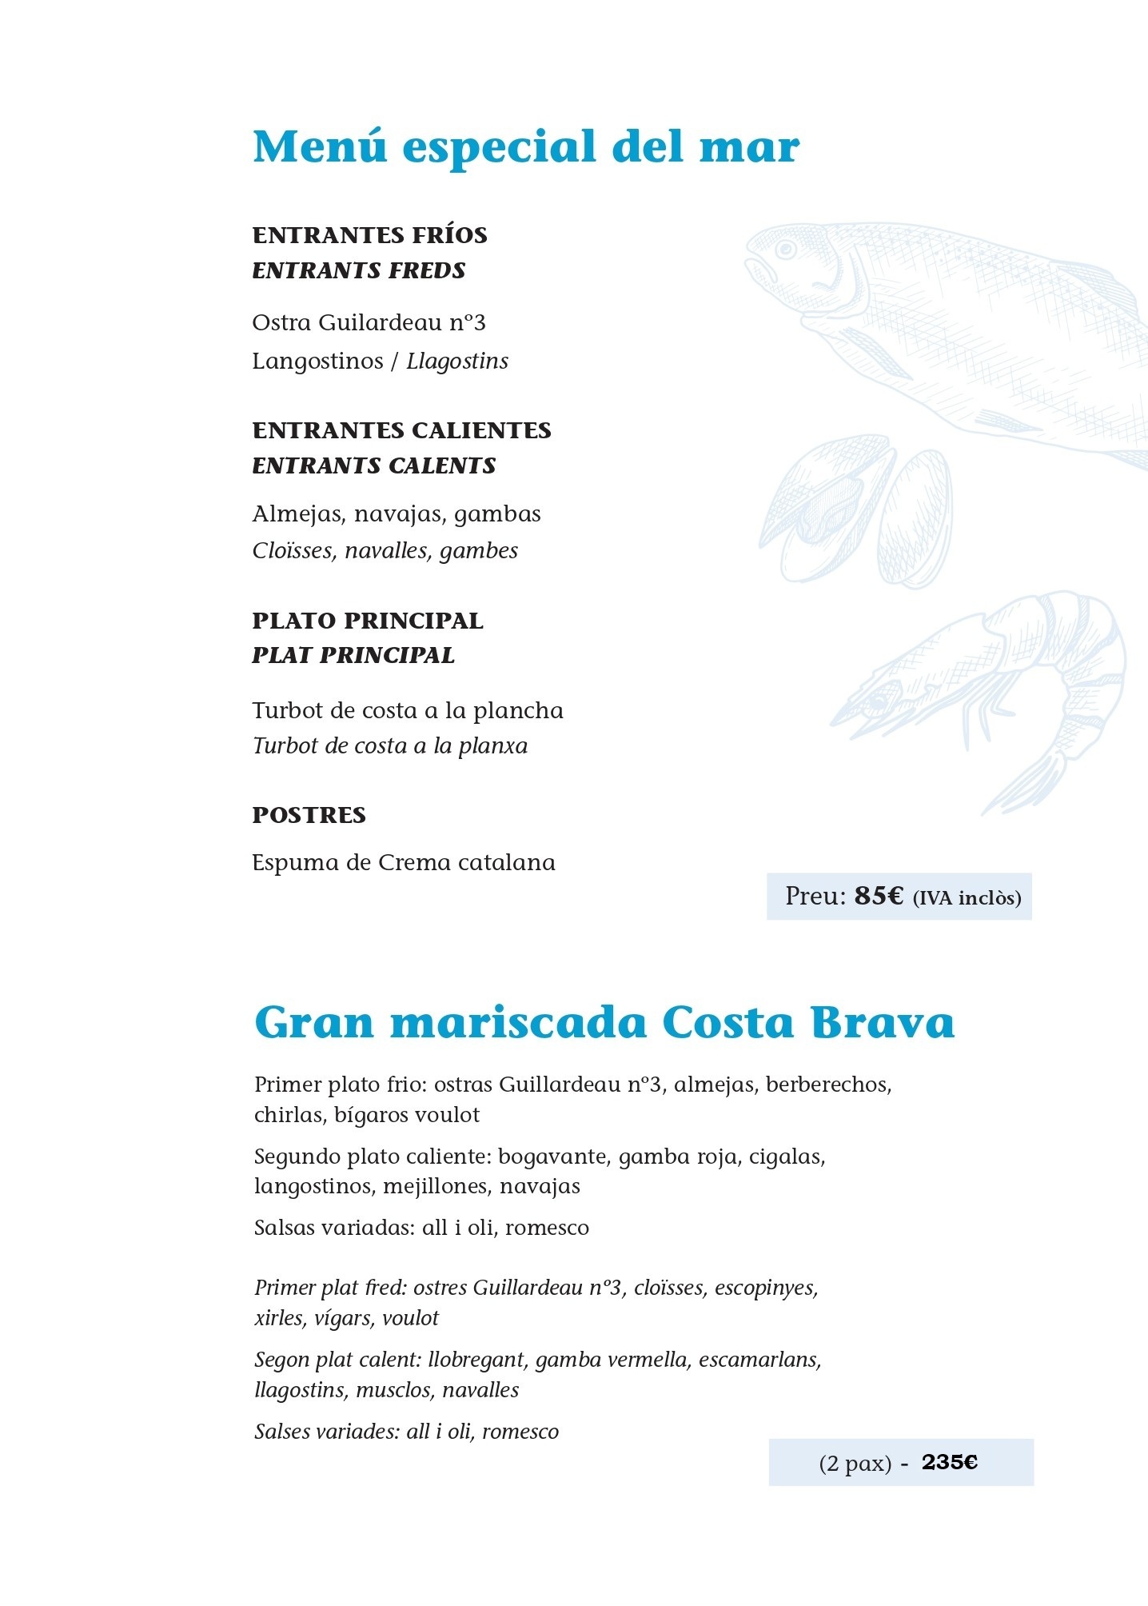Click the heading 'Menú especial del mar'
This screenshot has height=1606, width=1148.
[x=526, y=147]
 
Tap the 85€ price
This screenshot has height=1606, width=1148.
[x=879, y=896]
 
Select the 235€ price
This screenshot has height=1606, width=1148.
[x=950, y=1462]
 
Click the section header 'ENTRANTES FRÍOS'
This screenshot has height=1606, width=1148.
[x=369, y=235]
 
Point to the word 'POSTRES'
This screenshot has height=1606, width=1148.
[x=309, y=815]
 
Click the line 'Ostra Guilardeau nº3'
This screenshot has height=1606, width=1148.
[x=369, y=323]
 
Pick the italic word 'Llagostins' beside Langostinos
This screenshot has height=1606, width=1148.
[x=457, y=362]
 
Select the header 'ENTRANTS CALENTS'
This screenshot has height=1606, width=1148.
[x=374, y=465]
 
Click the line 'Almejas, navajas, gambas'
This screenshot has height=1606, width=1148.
[x=397, y=513]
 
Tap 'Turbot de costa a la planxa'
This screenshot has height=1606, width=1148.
[x=390, y=746]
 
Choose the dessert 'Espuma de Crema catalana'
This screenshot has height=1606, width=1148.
[x=404, y=863]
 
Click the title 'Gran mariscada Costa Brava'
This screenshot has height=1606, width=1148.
[x=604, y=1023]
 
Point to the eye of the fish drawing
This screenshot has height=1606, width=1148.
[x=786, y=250]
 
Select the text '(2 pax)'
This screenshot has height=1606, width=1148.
[x=855, y=1463]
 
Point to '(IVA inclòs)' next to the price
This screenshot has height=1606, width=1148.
[x=967, y=897]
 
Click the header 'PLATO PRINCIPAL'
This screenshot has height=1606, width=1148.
[x=368, y=621]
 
